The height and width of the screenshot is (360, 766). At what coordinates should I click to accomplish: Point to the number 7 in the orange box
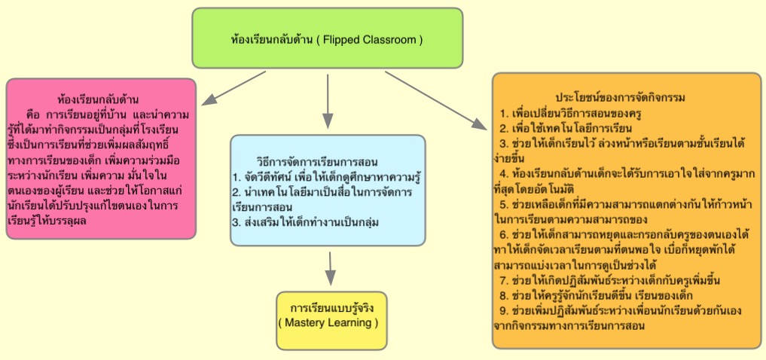[x=504, y=281]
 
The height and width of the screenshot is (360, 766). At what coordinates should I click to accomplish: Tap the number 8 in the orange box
[x=504, y=294]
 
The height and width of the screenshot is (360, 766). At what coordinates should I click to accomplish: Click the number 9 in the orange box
[x=504, y=309]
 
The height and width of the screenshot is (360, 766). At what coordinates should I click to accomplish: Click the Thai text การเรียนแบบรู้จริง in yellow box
[x=331, y=308]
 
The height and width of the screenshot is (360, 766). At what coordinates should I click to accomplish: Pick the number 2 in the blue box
[x=236, y=192]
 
